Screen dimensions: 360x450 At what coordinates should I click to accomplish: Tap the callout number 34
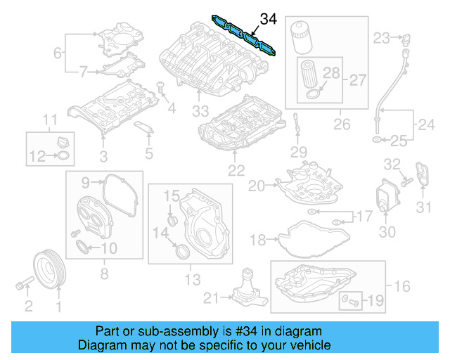pos(269,19)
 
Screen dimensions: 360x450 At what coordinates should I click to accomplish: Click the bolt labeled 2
pos(23,285)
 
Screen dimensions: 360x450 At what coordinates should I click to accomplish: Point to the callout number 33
pos(202,111)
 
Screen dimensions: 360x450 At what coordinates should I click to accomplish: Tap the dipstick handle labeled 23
pos(404,37)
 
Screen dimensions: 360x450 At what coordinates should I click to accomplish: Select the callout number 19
pos(374,302)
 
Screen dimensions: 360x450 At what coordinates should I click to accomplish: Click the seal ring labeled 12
pos(63,155)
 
